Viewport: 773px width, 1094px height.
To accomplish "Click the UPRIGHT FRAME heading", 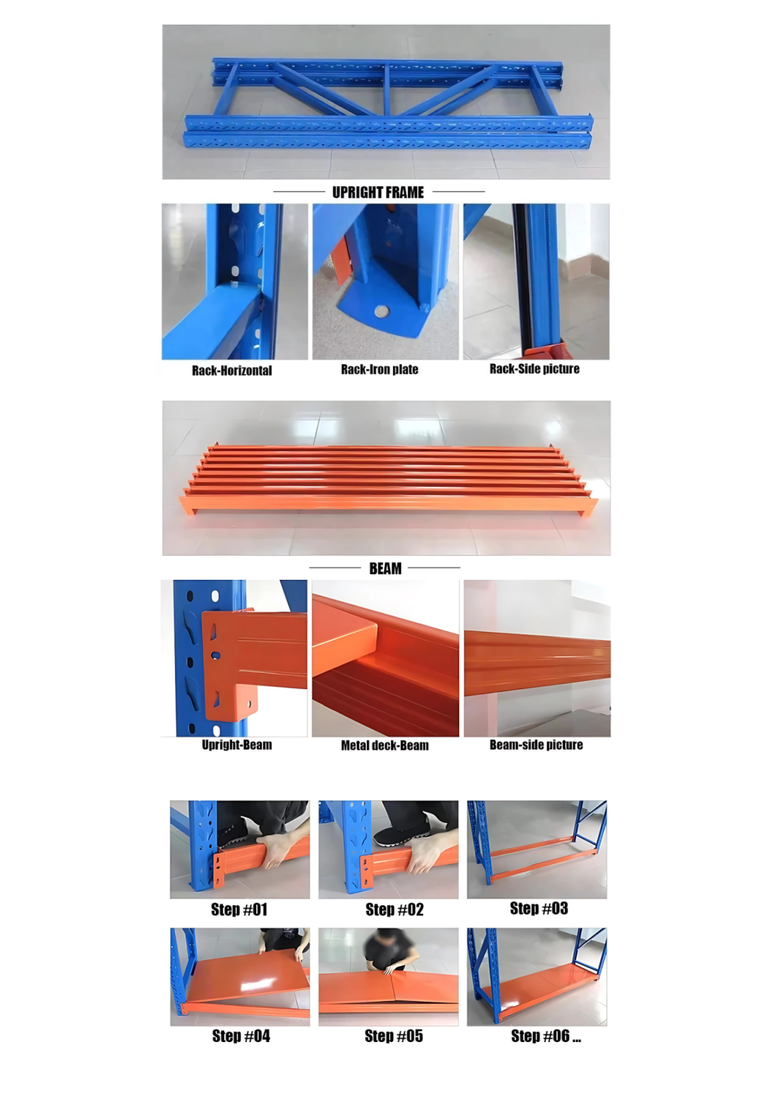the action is (378, 192).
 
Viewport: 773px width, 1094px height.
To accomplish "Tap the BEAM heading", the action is (385, 568).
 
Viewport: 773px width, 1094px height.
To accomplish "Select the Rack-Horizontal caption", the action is (232, 370).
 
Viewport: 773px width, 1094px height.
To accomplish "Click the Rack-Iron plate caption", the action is (379, 369).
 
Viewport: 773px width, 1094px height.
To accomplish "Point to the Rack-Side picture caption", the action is (534, 369).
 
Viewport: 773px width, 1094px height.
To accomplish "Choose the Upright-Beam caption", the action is (237, 745).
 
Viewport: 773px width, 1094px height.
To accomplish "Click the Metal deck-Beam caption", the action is (385, 745).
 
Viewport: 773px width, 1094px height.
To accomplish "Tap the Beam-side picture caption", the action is (536, 745).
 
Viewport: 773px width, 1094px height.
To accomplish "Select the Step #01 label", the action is (239, 909).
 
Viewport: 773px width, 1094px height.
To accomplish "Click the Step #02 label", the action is (394, 909).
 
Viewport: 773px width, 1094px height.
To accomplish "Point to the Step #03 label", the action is (539, 909).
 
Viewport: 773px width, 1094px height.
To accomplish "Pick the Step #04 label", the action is (241, 1036).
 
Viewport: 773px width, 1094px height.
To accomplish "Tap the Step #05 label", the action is (394, 1036).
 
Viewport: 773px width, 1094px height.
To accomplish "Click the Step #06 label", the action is (546, 1036).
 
